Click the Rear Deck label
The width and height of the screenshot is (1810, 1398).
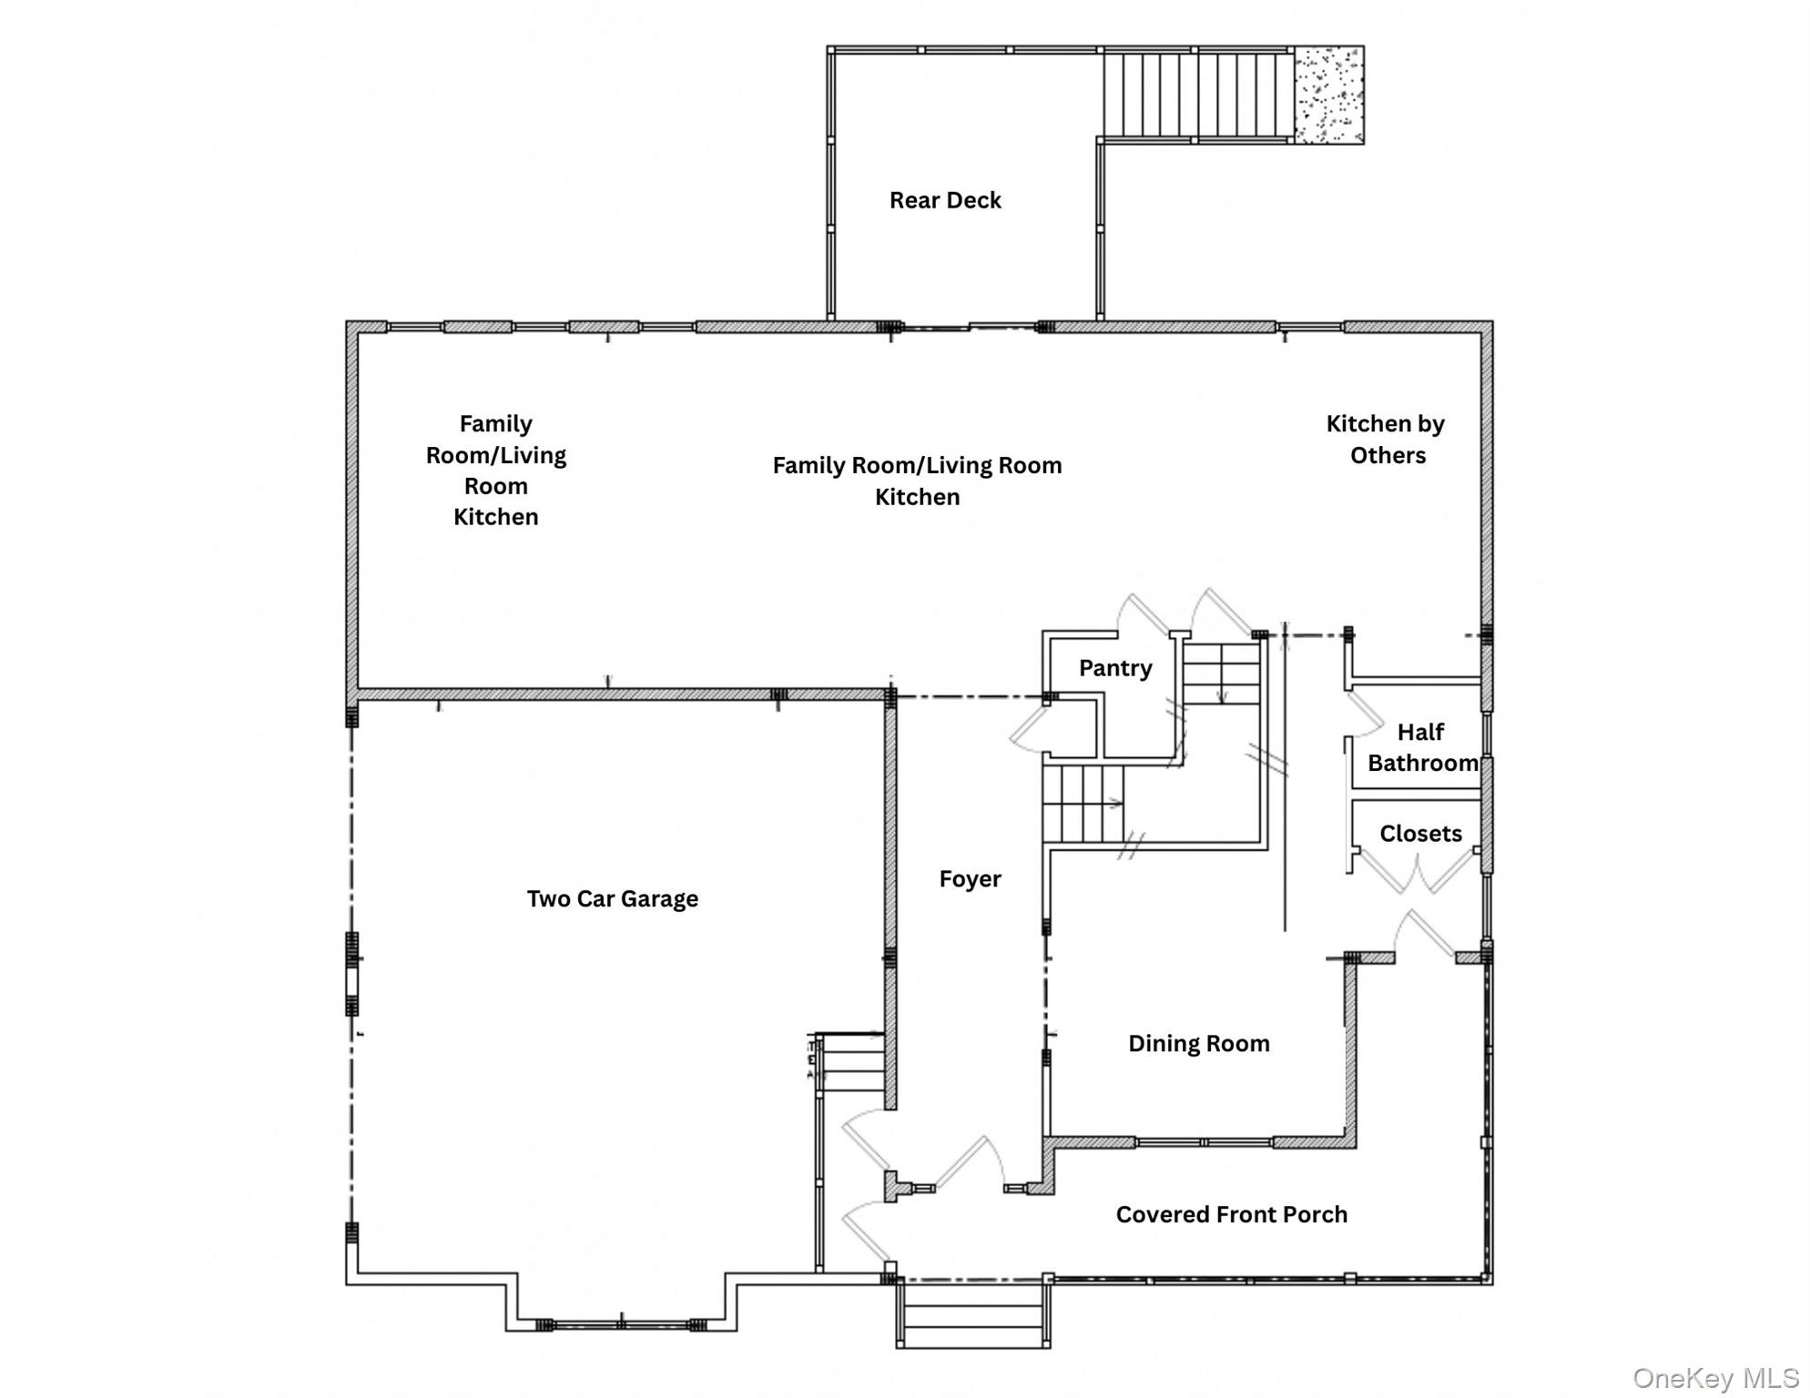coord(945,200)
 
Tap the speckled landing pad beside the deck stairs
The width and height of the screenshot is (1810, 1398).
coord(1328,95)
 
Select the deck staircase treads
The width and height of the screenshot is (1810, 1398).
coord(1197,95)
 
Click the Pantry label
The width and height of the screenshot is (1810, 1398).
coord(1115,668)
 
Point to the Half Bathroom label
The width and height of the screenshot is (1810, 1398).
coord(1421,747)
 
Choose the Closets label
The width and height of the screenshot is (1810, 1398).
coord(1420,834)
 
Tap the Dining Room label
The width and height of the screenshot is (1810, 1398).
coord(1198,1044)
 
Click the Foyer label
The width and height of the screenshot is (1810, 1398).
coord(970,879)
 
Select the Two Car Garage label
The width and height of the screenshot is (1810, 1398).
coord(612,899)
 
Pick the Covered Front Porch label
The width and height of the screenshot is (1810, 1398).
coord(1231,1215)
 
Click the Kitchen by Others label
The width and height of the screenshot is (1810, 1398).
coord(1386,440)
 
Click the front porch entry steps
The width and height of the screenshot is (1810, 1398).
coord(972,1315)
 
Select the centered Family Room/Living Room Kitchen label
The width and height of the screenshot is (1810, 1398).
coord(917,481)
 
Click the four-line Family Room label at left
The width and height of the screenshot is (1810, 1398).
coord(496,471)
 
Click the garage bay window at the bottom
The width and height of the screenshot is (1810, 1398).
coord(621,1325)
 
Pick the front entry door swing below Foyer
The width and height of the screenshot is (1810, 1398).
coord(970,1165)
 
